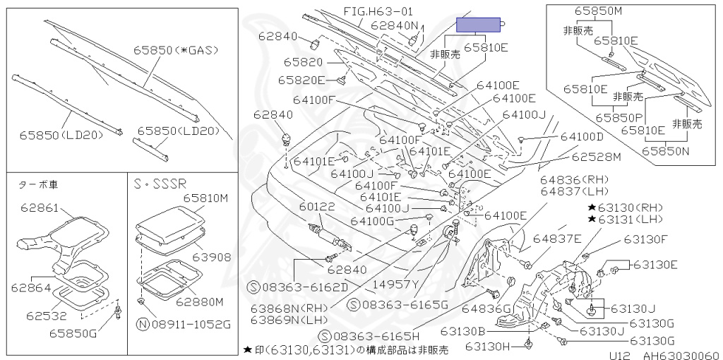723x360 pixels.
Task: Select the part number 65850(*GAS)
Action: pos(176,50)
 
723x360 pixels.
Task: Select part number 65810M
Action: pos(206,198)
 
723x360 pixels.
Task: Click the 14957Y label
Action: pos(396,284)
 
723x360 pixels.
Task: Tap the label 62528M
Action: pos(596,157)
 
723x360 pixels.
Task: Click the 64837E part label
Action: pos(557,239)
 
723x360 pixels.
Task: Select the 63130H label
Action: pos(487,347)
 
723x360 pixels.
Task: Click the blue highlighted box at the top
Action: pos(478,25)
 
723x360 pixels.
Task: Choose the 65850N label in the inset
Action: pos(666,150)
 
